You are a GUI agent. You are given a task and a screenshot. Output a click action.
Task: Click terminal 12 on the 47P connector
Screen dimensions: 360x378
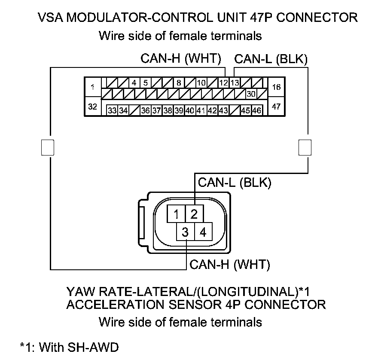(x=223, y=82)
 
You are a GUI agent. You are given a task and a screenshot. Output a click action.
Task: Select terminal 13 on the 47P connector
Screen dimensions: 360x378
(x=234, y=82)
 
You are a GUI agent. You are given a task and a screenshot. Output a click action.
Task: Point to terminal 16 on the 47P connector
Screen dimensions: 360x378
(x=276, y=87)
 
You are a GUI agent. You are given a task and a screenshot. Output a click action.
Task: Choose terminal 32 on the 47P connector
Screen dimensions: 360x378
(x=92, y=107)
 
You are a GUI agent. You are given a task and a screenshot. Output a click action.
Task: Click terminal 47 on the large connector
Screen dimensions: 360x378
(x=276, y=107)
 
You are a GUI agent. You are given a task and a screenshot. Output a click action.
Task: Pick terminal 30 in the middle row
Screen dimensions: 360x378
(x=251, y=93)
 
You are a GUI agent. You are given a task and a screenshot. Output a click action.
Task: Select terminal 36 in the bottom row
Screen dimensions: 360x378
(x=145, y=110)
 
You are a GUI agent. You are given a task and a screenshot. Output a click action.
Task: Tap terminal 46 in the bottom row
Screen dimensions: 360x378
(x=257, y=110)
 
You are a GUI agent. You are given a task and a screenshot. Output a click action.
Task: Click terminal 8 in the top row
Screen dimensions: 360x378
(x=178, y=82)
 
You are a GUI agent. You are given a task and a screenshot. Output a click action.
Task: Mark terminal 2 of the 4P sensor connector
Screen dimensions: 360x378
(x=194, y=214)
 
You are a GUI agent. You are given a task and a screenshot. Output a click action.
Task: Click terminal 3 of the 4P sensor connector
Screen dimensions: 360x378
(x=185, y=232)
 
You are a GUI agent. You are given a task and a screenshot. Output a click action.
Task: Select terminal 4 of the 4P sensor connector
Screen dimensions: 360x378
(x=203, y=232)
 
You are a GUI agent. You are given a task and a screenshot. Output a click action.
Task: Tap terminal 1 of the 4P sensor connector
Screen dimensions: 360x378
(x=176, y=214)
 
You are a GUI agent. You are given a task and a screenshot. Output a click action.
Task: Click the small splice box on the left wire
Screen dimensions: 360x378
(x=47, y=147)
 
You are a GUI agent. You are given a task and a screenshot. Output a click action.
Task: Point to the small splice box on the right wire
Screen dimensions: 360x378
(x=305, y=147)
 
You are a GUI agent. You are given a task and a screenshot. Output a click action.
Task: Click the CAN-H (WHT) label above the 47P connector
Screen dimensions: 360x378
(x=181, y=59)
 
